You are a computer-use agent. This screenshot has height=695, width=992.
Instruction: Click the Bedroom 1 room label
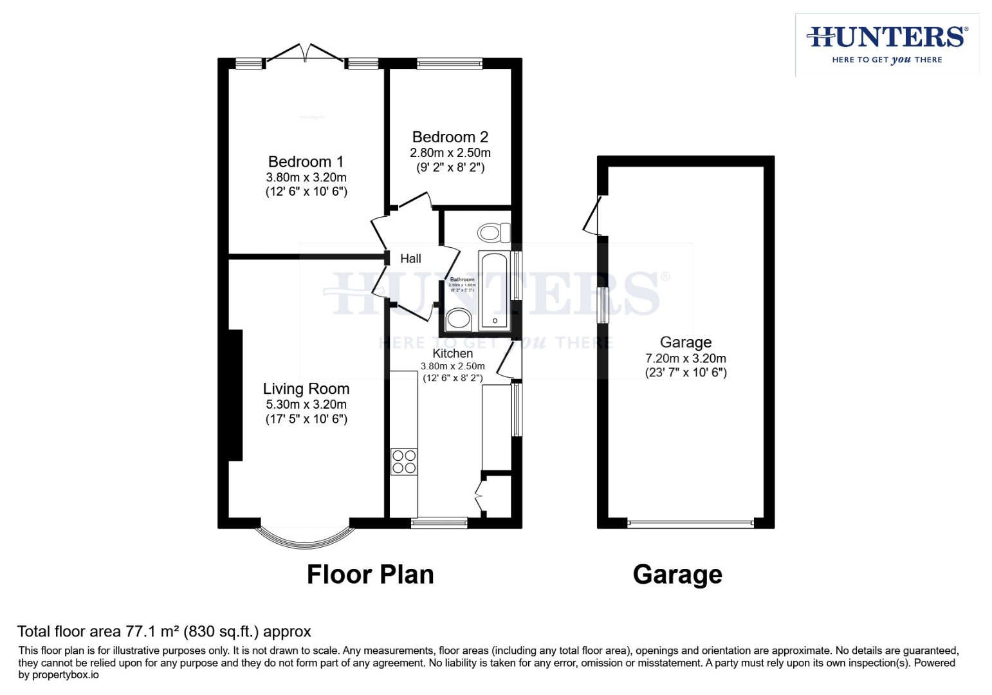point(306,162)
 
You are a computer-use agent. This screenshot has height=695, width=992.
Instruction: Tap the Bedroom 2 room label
point(450,137)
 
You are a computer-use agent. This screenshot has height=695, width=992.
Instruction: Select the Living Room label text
point(306,389)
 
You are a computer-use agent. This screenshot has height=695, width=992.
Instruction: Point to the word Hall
point(410,259)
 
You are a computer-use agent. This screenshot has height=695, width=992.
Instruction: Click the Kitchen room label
point(452,353)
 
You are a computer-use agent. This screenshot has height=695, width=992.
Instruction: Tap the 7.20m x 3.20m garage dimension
point(685,358)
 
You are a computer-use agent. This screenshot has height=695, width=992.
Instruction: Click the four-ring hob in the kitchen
point(403,461)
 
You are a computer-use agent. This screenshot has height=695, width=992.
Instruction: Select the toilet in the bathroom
point(493,232)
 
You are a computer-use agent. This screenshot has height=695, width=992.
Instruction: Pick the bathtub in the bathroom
point(494,291)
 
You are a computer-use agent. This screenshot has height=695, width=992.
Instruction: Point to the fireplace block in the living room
point(235,395)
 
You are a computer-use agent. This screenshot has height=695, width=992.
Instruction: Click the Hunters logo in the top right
point(886,44)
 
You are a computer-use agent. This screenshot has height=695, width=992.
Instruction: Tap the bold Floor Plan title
point(370,574)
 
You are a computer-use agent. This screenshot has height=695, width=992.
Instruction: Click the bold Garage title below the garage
point(677,574)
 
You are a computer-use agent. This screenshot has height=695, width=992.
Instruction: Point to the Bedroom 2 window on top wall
point(449,63)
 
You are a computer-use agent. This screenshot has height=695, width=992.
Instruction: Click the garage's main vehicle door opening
point(690,524)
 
